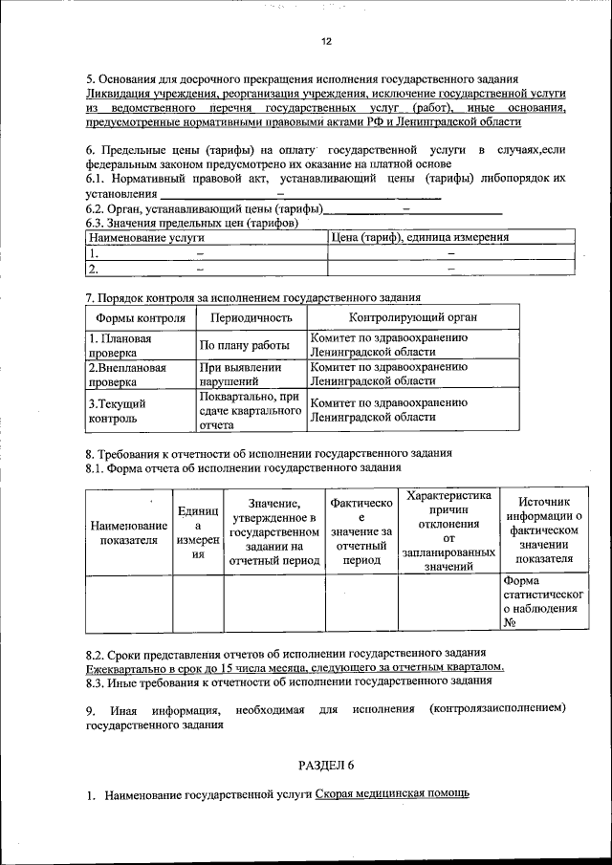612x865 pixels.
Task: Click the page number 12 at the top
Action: pyautogui.click(x=325, y=42)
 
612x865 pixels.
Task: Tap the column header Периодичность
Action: pyautogui.click(x=251, y=317)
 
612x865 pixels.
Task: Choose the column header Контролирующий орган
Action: pyautogui.click(x=412, y=317)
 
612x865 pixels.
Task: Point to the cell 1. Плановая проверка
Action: pyautogui.click(x=120, y=345)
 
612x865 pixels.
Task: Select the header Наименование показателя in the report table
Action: pyautogui.click(x=128, y=532)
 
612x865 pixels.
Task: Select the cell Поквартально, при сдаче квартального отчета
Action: pyautogui.click(x=250, y=410)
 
